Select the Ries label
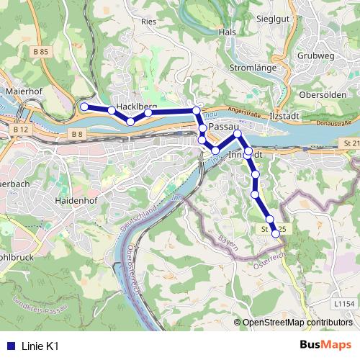click(149, 22)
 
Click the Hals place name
click(228, 32)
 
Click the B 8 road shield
click(78, 134)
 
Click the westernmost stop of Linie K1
click(84, 107)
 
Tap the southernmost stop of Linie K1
click(275, 233)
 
